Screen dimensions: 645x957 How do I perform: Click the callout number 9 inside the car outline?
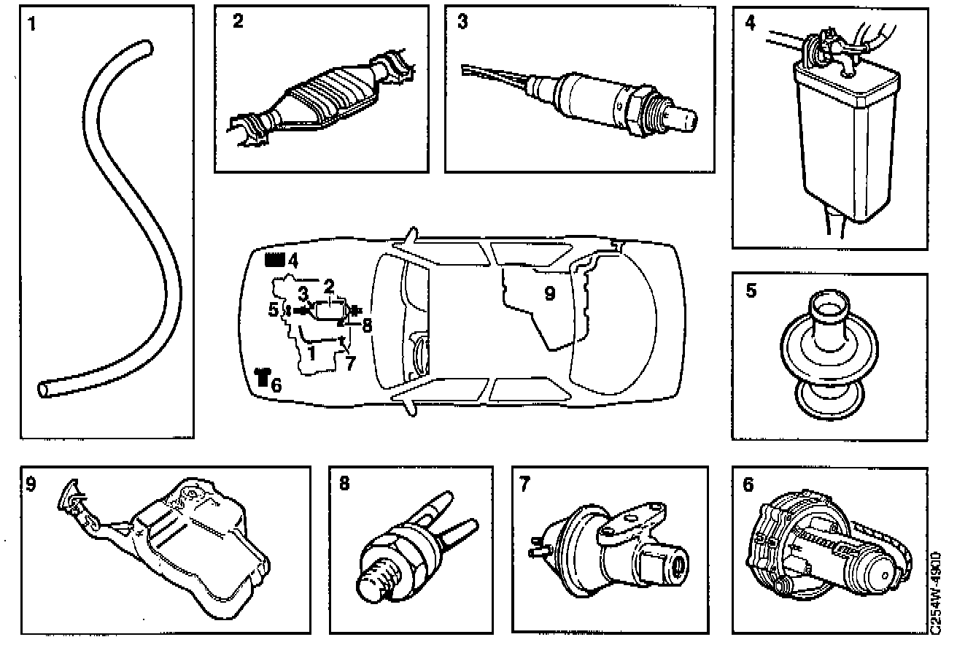click(550, 293)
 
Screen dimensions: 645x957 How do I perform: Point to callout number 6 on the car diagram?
click(275, 385)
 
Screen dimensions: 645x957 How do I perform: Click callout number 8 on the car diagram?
click(367, 325)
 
